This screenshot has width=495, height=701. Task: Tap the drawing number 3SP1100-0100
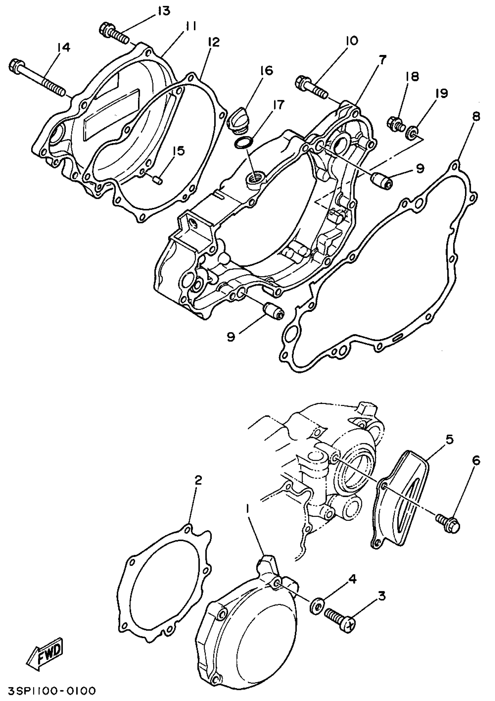48,691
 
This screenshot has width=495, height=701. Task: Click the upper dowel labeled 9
381,180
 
